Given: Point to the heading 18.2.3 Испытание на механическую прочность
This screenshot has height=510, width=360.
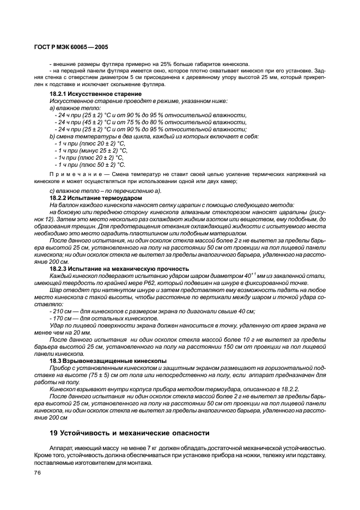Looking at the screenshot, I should [x=119, y=269].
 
